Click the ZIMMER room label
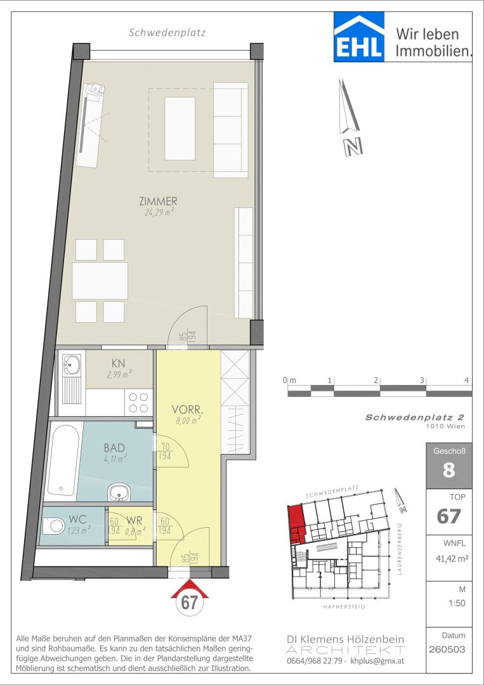click(158, 202)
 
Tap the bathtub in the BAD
click(62, 461)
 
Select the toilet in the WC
click(54, 525)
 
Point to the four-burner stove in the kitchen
click(138, 402)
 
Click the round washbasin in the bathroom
click(118, 492)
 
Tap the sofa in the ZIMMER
click(230, 130)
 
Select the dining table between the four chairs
click(100, 280)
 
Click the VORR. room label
click(188, 410)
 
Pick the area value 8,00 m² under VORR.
click(188, 421)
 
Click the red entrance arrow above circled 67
click(189, 588)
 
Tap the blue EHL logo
click(359, 37)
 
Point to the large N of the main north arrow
click(353, 147)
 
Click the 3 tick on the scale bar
click(422, 381)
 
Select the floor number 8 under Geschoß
click(448, 471)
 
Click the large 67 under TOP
click(448, 516)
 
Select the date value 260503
click(447, 649)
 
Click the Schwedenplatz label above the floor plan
click(167, 33)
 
